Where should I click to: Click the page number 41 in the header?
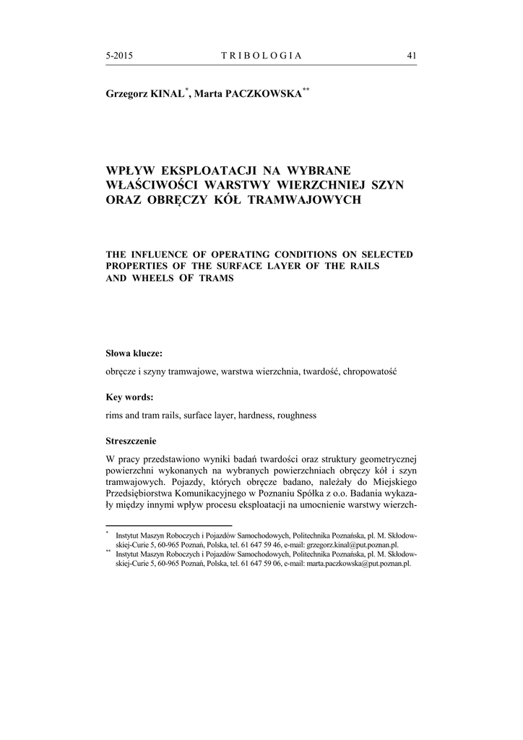(x=412, y=56)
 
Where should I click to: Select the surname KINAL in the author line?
(x=167, y=94)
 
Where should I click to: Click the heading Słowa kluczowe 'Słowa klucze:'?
(x=134, y=353)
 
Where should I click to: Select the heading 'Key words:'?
(x=129, y=397)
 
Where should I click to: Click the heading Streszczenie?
(x=131, y=440)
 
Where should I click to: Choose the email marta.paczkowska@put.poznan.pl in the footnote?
(x=358, y=564)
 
